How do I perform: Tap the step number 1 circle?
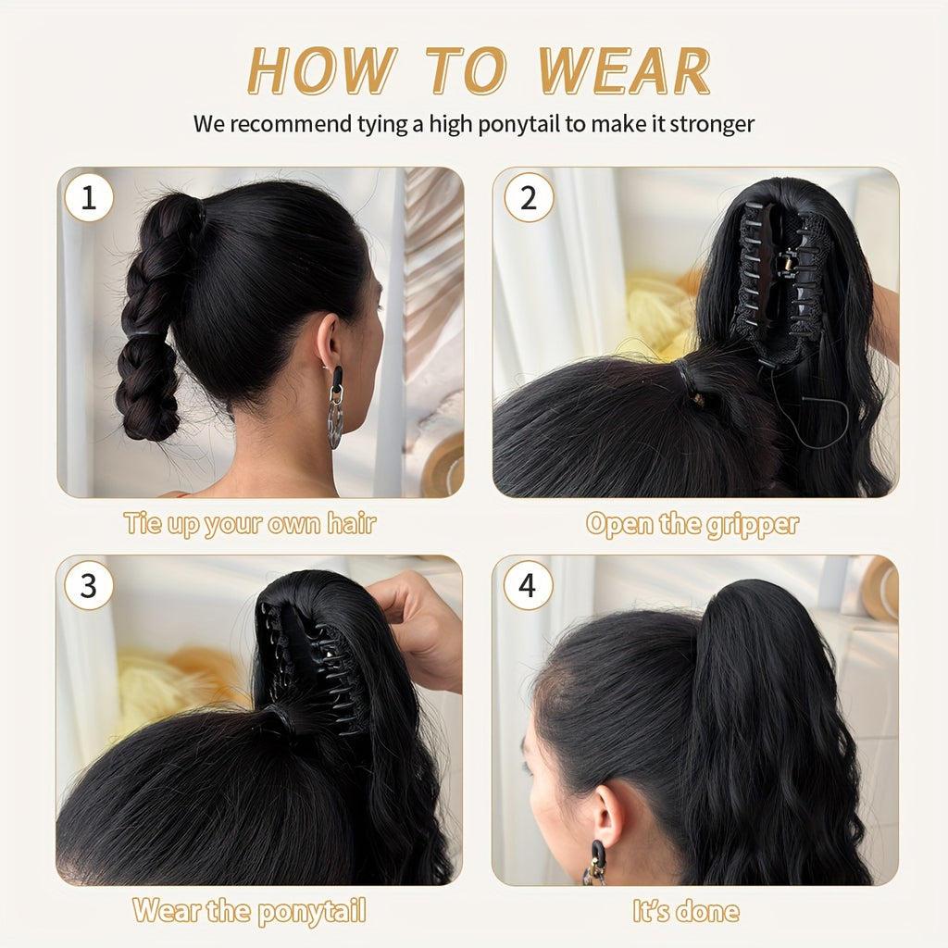pos(89,197)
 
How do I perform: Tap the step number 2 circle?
pos(528,197)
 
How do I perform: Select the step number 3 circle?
pos(89,586)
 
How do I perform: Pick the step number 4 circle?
pos(528,586)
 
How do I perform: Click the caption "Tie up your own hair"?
pos(250,524)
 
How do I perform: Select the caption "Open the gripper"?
pos(692,524)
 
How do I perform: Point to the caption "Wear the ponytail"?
pos(249,911)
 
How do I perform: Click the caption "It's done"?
pos(686,911)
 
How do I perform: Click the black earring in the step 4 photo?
pos(596,861)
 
